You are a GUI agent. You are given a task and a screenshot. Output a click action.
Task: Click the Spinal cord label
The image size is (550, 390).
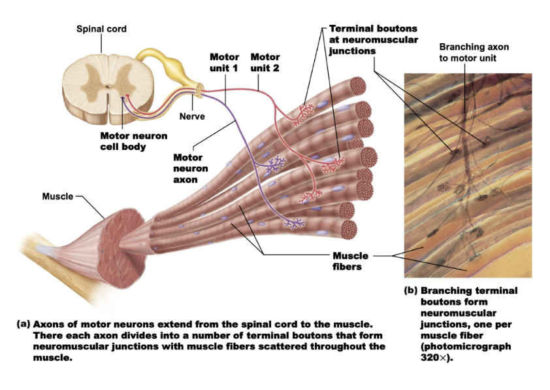[x=101, y=29]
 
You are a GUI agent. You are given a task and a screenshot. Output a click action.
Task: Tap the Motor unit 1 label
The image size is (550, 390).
[x=224, y=62]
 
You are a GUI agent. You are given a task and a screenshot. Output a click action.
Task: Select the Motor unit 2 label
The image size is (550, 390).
[x=265, y=62]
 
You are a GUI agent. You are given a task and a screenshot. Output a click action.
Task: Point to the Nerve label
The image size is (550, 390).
[x=192, y=116]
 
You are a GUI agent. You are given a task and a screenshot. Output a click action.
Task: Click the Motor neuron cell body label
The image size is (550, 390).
[x=133, y=141]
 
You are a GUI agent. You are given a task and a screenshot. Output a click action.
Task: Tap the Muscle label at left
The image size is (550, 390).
[x=57, y=196]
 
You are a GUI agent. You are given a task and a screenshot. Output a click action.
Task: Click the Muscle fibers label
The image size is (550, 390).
[x=350, y=261]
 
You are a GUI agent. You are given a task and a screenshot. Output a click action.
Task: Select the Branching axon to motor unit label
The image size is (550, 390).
[x=474, y=52]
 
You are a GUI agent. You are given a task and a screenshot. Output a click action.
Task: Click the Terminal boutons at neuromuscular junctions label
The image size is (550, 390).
[x=373, y=39]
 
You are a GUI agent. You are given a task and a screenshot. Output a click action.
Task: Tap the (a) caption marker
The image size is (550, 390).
[x=24, y=324]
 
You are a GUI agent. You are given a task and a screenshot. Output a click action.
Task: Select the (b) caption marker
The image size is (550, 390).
[x=411, y=291]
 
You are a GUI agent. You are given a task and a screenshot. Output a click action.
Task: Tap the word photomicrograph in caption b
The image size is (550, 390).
[x=465, y=346]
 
